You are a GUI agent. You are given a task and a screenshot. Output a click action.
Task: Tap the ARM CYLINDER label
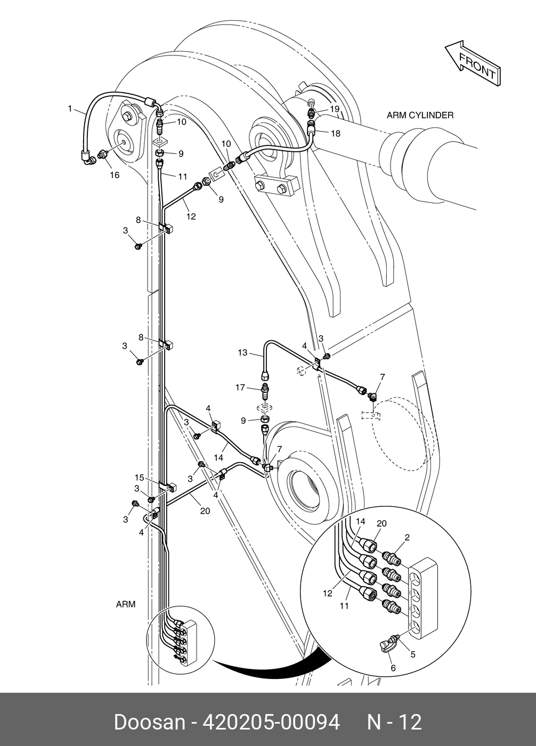pyautogui.click(x=420, y=115)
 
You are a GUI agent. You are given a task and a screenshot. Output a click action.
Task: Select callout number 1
pyautogui.click(x=70, y=109)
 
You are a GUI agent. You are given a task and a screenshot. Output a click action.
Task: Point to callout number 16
pyautogui.click(x=115, y=175)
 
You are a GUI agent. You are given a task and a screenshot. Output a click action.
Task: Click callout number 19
pyautogui.click(x=335, y=109)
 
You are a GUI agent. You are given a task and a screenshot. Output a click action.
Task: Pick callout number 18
pyautogui.click(x=336, y=133)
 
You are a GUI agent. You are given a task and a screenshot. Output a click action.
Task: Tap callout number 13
pyautogui.click(x=242, y=352)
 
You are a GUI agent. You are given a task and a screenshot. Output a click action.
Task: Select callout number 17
pyautogui.click(x=240, y=387)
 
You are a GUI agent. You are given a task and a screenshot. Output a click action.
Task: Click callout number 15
pyautogui.click(x=140, y=478)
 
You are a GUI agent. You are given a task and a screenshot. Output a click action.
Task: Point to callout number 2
pyautogui.click(x=408, y=537)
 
